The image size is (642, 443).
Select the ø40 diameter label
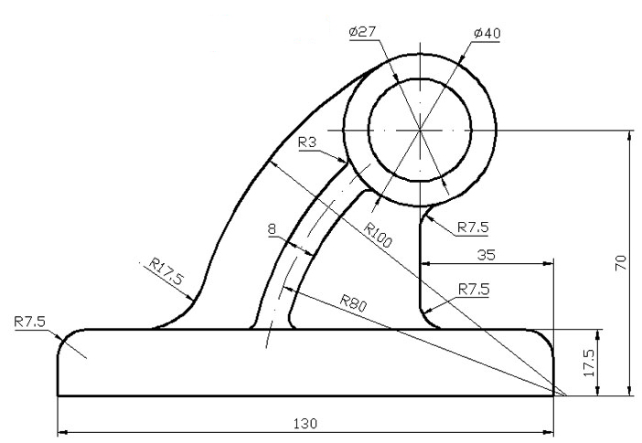[487, 33]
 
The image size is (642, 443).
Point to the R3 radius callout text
[308, 142]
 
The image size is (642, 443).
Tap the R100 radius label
[377, 236]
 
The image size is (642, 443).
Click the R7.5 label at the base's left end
[31, 322]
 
